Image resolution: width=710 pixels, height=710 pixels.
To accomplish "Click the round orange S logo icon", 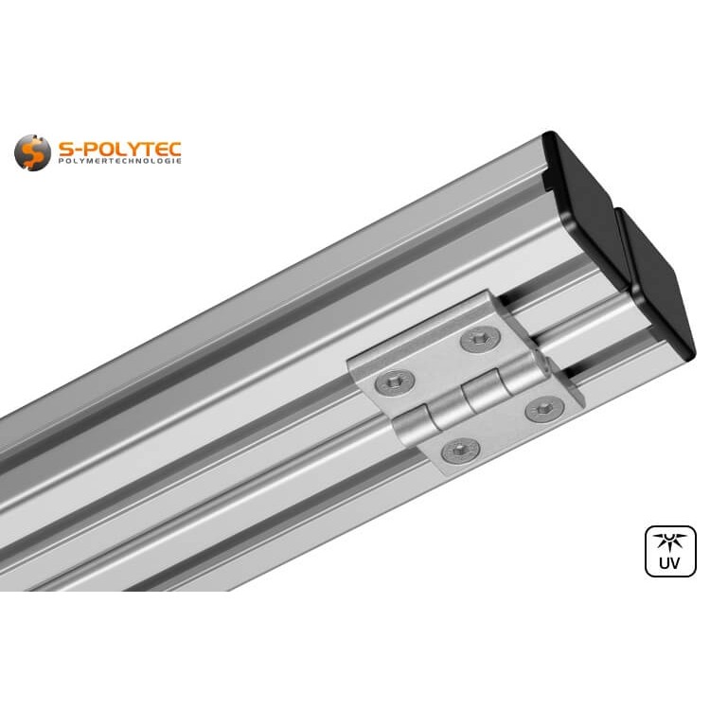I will (x=32, y=151).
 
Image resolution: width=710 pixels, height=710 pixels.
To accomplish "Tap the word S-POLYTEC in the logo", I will (x=119, y=149).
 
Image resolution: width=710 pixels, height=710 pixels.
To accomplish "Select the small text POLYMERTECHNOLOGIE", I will (x=119, y=163).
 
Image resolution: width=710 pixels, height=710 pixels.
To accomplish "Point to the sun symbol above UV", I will (x=670, y=541).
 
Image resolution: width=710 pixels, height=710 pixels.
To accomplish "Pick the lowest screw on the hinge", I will (x=460, y=451).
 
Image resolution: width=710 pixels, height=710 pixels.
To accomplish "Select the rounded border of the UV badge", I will (x=648, y=551).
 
